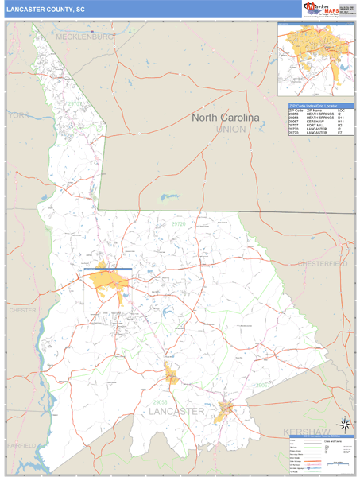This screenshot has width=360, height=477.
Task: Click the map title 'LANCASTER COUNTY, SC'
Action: coord(46,9)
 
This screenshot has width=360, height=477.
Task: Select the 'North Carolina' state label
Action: coord(225,118)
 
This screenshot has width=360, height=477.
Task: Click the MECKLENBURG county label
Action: coord(86,37)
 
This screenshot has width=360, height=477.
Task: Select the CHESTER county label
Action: coord(22,310)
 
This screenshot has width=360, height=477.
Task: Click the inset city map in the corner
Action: coord(316,62)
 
